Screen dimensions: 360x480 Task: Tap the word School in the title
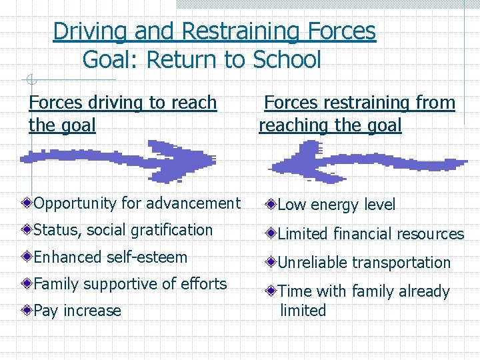click(x=287, y=60)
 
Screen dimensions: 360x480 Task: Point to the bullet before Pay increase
click(x=26, y=311)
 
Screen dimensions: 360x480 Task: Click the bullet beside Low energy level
click(x=270, y=205)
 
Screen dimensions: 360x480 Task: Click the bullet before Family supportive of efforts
click(x=26, y=284)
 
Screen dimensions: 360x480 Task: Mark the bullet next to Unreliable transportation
click(x=270, y=263)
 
